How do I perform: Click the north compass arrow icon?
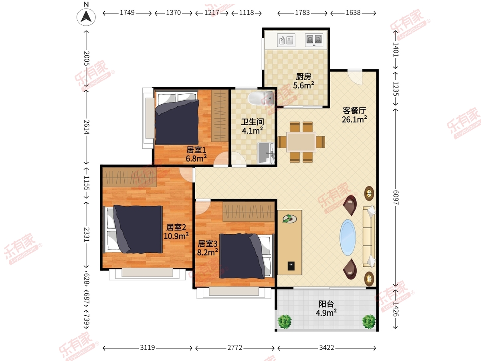[86, 16]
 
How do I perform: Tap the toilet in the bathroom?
[261, 98]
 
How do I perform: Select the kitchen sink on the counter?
[286, 40]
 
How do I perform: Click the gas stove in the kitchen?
[314, 40]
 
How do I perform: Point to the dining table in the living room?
[301, 142]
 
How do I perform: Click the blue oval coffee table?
[348, 237]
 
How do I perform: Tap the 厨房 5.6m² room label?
[303, 81]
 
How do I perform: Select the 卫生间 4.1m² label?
[252, 126]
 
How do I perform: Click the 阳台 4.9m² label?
[326, 308]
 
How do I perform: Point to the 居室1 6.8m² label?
[196, 154]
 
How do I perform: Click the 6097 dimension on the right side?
[396, 197]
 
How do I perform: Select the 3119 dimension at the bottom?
[148, 348]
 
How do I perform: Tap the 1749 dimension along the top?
[127, 13]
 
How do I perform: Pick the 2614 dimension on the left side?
[87, 127]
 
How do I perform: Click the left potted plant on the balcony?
[285, 322]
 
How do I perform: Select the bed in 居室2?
[134, 229]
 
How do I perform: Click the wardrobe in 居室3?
[249, 212]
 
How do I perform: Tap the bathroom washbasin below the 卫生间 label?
[266, 153]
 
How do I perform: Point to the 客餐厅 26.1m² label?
[354, 115]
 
